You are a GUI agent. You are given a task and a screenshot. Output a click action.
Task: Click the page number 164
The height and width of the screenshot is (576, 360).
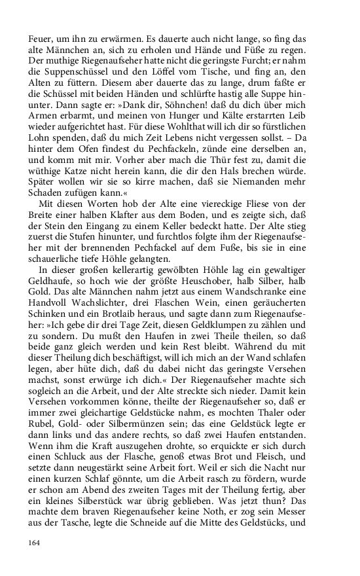click(35, 542)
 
